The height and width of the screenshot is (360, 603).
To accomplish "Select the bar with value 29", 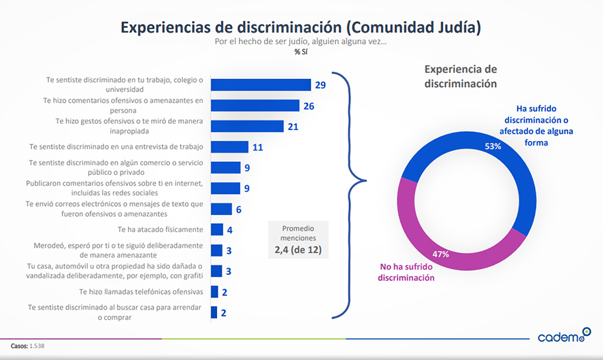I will (261, 84).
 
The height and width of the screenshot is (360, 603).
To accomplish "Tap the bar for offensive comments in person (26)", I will (255, 105).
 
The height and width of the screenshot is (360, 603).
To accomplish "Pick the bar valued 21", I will (247, 126).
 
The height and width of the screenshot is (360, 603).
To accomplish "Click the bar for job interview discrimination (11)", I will (229, 146).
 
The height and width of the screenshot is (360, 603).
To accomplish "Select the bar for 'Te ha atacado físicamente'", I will (216, 229).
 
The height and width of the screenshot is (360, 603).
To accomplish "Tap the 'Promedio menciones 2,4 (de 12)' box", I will (298, 239).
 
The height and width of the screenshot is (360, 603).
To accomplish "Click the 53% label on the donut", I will (493, 146).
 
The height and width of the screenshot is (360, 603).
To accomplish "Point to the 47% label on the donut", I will (440, 255).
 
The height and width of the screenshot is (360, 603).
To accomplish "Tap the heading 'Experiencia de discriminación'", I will (461, 76).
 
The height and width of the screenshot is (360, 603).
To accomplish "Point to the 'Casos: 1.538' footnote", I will (28, 346).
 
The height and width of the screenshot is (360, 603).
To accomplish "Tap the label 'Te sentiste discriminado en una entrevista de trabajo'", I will (116, 146).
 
